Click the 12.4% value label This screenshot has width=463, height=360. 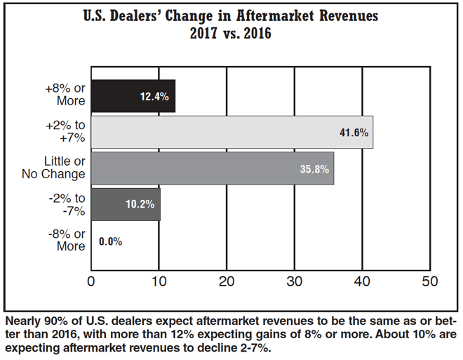click(154, 97)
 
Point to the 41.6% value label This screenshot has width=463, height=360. click(354, 132)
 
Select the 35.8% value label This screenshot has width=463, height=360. click(314, 168)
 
